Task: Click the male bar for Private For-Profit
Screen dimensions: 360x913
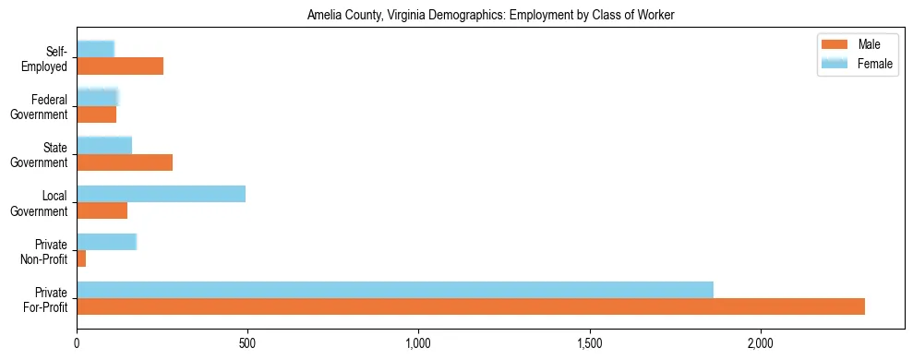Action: pos(471,306)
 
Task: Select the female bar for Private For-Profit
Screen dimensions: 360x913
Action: pos(395,290)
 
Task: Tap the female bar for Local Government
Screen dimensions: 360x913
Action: pos(161,194)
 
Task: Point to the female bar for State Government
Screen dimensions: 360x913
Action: pos(104,145)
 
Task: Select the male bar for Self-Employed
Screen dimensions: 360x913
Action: pos(120,66)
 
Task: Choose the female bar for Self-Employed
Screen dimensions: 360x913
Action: pos(96,49)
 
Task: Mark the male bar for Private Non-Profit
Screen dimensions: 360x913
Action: pos(81,258)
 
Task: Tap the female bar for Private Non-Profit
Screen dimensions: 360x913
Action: pos(106,242)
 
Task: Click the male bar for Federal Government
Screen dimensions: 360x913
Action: pos(97,114)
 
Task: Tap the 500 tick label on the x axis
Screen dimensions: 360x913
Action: pos(247,344)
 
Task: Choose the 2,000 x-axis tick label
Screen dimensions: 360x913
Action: pos(760,344)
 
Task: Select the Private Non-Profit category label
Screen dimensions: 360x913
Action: pos(44,251)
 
